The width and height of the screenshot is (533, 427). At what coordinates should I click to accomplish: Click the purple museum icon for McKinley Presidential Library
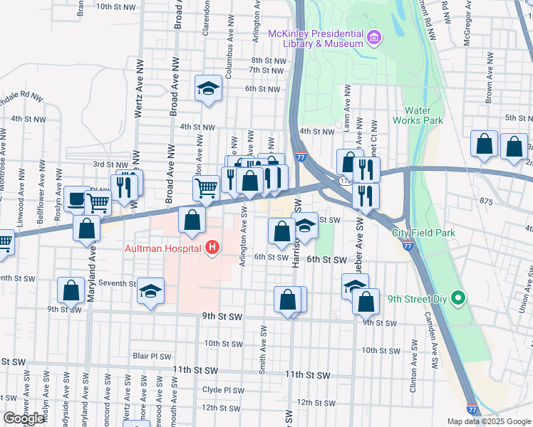coord(373,38)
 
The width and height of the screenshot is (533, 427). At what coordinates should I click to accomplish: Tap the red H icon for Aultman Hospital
coord(212,248)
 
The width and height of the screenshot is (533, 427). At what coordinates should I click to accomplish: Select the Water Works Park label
coord(423,115)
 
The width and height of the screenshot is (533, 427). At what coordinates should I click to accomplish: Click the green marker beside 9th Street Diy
coord(459,299)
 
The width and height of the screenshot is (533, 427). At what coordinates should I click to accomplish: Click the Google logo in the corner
coord(24,418)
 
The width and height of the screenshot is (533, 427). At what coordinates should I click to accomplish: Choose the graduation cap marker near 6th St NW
coord(208,88)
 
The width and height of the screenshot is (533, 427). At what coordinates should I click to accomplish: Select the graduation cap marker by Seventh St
coord(150,292)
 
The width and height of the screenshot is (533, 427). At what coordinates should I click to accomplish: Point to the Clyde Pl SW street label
coord(223,390)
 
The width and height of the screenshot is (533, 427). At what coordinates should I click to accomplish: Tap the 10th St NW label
coord(115,6)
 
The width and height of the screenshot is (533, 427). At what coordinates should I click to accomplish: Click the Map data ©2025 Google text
coord(489,421)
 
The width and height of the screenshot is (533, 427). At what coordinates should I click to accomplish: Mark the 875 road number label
coord(487,202)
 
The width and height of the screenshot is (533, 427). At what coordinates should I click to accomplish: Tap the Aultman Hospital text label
coord(162,248)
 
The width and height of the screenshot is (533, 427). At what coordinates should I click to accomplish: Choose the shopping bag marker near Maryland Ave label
coord(87,229)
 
